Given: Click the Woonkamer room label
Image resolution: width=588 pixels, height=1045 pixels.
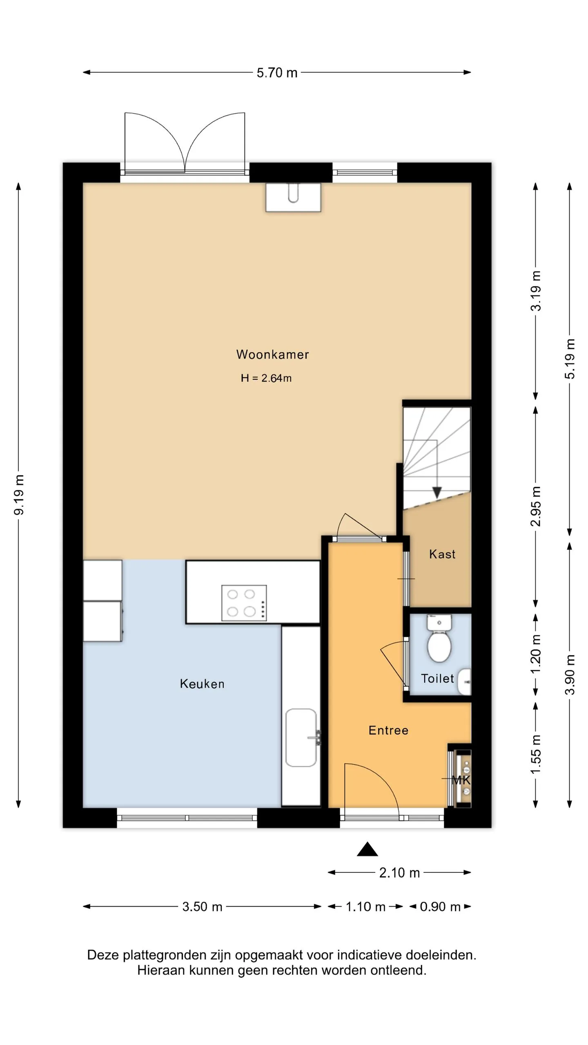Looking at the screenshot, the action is coord(272,354).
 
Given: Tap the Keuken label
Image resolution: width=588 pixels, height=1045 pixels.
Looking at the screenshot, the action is coord(202,684).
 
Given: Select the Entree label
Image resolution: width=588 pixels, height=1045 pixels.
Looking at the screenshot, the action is coord(388,730).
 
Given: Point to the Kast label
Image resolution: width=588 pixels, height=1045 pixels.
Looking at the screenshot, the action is coord(442,554).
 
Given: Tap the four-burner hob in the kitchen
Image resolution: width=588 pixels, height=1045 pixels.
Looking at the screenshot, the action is coord(244,603).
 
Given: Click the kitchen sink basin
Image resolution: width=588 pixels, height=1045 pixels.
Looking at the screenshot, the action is coord(301,738).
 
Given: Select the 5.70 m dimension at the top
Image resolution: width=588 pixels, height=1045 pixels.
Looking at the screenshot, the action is coord(277,73).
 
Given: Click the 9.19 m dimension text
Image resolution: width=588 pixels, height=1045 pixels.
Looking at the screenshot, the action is coord(19,495).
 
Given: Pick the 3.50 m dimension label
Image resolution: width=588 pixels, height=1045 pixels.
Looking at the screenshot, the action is coord(202,907).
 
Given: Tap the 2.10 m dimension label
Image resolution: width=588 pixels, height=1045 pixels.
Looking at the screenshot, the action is coord(399,873).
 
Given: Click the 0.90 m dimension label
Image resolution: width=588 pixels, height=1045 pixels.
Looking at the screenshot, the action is coord(440,907).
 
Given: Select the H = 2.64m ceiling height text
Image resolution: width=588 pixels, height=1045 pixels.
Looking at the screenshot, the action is coord(266,378).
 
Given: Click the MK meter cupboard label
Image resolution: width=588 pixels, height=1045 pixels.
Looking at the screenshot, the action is coord(461,780).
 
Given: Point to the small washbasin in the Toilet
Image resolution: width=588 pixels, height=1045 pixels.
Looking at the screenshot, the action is coord(464,682).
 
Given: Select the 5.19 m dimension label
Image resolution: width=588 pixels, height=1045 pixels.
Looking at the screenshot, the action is coord(570,359).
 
